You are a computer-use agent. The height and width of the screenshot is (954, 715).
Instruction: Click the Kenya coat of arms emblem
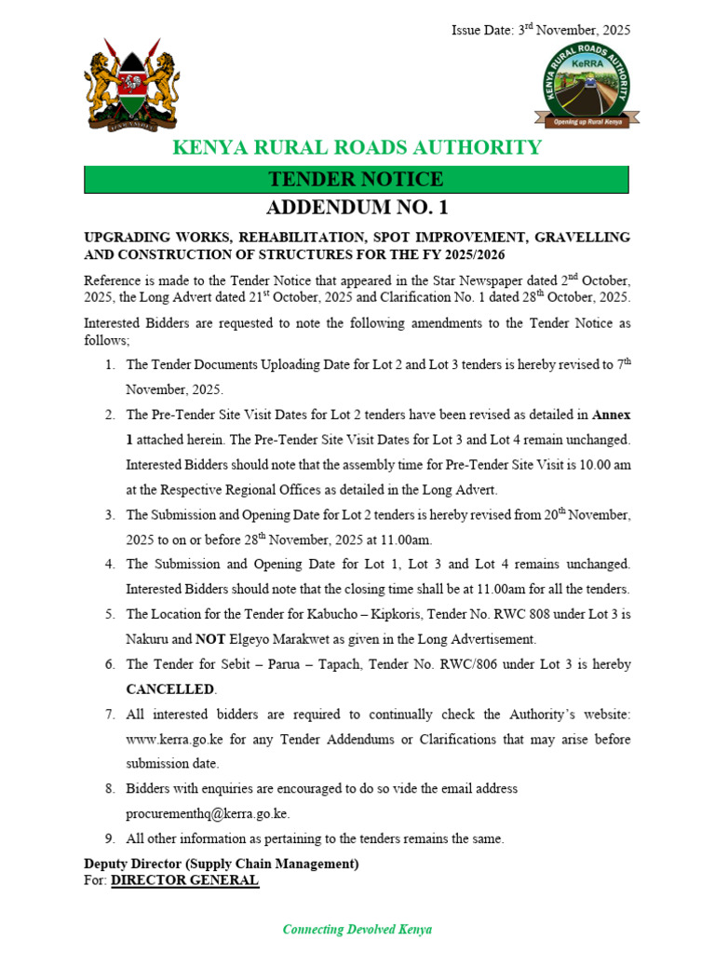pos(131,89)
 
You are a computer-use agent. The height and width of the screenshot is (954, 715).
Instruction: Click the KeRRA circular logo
pos(587,87)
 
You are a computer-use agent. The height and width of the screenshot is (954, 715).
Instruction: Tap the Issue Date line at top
pos(541,30)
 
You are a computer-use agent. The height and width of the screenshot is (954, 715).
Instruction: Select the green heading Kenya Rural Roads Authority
pos(357,147)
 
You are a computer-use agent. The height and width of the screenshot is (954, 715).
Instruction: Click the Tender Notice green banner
pos(357,180)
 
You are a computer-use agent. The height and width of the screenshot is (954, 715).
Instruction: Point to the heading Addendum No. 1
pos(357,208)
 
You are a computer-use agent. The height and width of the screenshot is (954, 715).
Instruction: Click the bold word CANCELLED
pos(170,689)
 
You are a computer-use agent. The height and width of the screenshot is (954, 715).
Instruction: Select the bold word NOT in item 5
pos(209,639)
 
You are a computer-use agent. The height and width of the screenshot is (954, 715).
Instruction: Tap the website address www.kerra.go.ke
pos(174,739)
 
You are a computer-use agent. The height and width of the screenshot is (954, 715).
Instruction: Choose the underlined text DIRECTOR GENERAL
pos(184,880)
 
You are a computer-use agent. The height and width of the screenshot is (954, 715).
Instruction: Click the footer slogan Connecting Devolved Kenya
pos(357,929)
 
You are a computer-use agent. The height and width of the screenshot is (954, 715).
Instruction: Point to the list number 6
pos(109,664)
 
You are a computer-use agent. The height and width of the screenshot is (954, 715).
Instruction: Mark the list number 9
pos(109,838)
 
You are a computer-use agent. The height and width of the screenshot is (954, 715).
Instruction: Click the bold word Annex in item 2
pos(612,414)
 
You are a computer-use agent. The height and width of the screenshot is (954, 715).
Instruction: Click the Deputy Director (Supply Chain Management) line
pos(221,864)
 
